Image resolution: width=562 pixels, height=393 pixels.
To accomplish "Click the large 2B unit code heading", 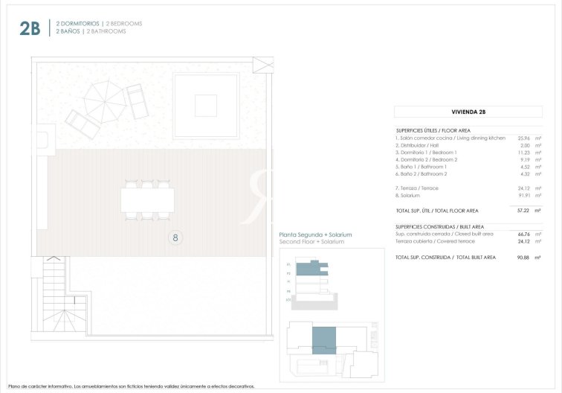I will pyautogui.click(x=30, y=28).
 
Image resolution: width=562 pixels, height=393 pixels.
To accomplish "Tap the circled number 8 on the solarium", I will pyautogui.click(x=175, y=238).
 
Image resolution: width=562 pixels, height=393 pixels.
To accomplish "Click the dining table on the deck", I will pyautogui.click(x=147, y=199).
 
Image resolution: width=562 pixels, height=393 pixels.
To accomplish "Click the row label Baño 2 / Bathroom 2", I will pyautogui.click(x=421, y=173).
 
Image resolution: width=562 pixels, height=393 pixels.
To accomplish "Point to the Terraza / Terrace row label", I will pyautogui.click(x=417, y=188).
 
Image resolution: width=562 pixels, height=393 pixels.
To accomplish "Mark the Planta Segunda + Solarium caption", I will pyautogui.click(x=315, y=234).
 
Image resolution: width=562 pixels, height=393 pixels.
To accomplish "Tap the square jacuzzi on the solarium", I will pyautogui.click(x=206, y=106).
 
